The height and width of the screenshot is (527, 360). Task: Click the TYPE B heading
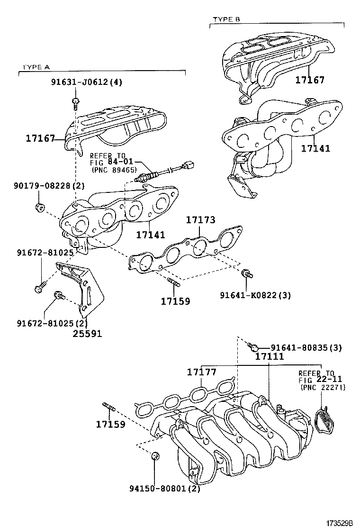pos(226,19)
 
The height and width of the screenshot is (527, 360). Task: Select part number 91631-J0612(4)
pos(87,82)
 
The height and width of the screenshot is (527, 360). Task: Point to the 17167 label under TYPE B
pos(310,80)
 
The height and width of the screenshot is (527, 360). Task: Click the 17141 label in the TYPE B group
pos(315,148)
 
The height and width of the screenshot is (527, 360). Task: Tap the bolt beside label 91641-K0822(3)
pos(246,273)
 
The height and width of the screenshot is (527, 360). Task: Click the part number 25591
pos(87,333)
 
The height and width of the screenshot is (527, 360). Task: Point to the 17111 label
pos(270,356)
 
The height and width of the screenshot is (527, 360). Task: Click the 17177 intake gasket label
pos(201,373)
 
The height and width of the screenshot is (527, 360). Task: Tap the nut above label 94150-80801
pos(154,456)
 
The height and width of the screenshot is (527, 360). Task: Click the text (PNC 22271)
pos(323,387)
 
